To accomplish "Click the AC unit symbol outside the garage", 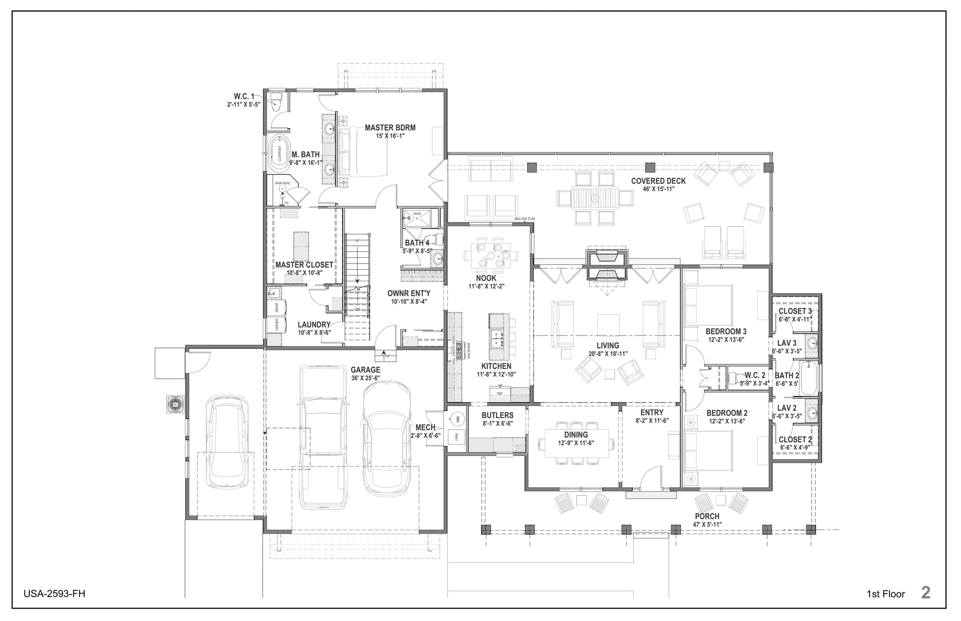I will [174, 404].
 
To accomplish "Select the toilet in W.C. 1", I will [276, 102].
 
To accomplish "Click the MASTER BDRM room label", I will [390, 128].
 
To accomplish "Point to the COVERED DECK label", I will [658, 181].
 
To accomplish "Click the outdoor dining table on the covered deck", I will [594, 197].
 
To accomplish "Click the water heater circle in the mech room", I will [457, 418].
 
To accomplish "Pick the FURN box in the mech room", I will [457, 437].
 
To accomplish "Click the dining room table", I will [576, 443].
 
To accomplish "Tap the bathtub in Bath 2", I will [809, 379].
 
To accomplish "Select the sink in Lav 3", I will [812, 343].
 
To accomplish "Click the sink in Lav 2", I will [812, 413].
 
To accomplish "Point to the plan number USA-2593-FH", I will [54, 594].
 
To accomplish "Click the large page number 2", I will [925, 592].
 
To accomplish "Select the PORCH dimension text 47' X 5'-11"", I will [707, 525].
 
